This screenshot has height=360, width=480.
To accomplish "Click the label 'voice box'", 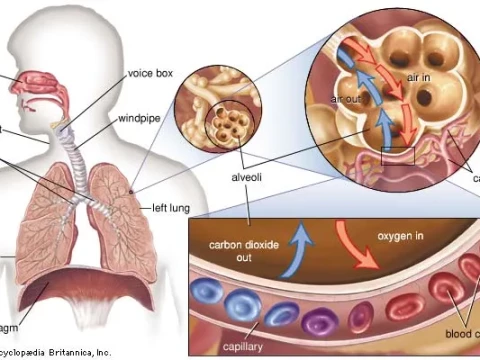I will pyautogui.click(x=149, y=73).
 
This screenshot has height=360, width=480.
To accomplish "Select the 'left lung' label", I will pyautogui.click(x=171, y=209).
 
